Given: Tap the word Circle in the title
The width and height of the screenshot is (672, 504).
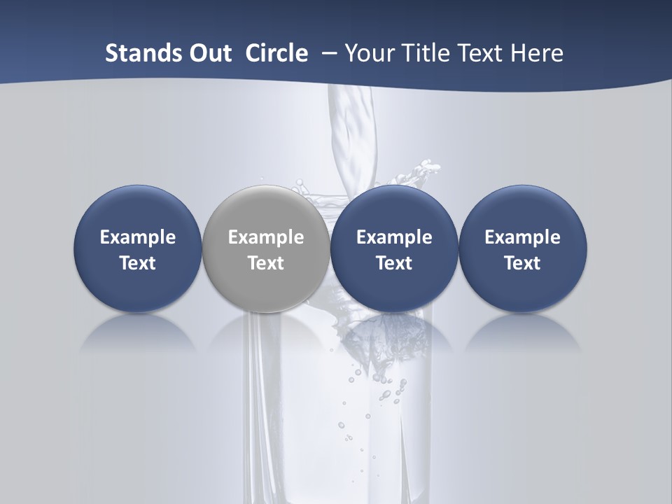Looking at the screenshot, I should click(276, 53).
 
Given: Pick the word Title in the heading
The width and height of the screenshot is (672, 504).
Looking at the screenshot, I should click(429, 53).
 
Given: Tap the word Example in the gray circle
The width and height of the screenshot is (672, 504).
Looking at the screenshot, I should click(266, 237).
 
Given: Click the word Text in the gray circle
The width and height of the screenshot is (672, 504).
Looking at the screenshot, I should click(266, 263).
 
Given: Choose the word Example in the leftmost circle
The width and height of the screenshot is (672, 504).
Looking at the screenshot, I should click(138, 237).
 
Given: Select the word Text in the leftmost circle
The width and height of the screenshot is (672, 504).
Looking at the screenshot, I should click(138, 263).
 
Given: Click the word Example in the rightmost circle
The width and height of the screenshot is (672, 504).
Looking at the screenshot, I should click(522, 237).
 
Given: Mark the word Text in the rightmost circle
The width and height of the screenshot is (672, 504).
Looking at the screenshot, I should click(522, 263).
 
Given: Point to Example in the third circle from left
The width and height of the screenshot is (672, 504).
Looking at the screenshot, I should click(394, 237).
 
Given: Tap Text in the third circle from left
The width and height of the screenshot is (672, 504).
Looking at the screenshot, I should click(394, 263).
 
